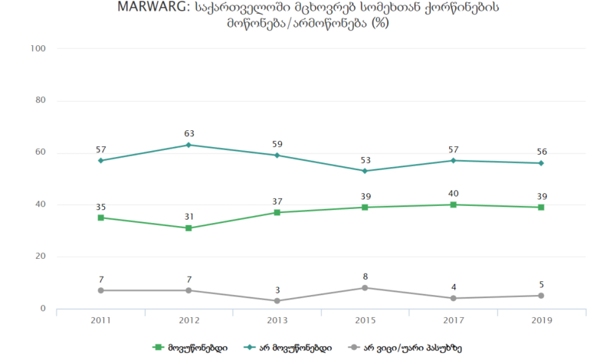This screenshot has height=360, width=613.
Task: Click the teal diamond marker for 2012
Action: click(189, 145)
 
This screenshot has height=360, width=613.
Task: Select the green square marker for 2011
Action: click(101, 218)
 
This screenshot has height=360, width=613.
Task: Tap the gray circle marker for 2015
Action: click(366, 288)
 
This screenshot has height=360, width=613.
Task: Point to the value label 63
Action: click(189, 134)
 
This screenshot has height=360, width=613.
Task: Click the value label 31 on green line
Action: click(189, 217)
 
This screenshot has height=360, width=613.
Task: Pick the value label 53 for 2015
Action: click(366, 160)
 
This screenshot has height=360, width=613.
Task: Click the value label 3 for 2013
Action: click(277, 290)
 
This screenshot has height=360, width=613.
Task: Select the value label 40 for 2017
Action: click(454, 194)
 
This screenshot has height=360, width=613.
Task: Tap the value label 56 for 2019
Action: click(542, 152)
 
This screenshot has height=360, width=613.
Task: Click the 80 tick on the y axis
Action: click(41, 100)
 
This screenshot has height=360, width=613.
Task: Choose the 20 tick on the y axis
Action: click(41, 257)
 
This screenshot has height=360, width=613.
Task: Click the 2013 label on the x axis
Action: click(277, 320)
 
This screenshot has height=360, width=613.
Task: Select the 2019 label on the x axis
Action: click(542, 320)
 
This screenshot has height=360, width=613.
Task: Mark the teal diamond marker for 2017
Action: click(454, 160)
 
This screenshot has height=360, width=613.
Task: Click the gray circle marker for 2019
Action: click(542, 296)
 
